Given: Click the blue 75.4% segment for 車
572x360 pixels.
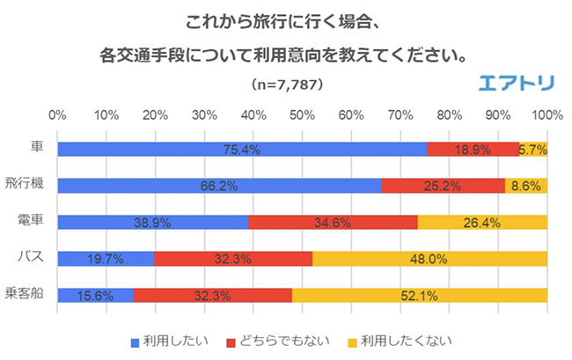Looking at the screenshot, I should [x=242, y=150].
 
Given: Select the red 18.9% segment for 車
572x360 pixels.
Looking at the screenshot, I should [x=473, y=150].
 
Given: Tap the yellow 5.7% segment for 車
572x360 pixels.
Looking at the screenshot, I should [x=533, y=150].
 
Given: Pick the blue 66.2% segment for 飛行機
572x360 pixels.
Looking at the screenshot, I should [x=219, y=186].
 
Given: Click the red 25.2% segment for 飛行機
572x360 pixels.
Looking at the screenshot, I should [x=444, y=186].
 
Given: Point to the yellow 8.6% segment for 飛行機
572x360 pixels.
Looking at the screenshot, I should [x=526, y=186].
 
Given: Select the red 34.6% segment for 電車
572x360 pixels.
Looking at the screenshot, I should [x=333, y=223].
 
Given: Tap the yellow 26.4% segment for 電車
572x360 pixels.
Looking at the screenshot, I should [x=482, y=223].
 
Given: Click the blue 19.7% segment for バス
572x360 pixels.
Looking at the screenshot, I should [x=106, y=259].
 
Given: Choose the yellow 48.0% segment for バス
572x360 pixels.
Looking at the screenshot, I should [x=429, y=259].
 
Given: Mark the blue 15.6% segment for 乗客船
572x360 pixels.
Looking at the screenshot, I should [x=95, y=296].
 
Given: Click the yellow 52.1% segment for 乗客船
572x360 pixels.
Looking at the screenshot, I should [x=420, y=296].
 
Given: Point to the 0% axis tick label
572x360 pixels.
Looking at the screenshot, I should [x=58, y=115].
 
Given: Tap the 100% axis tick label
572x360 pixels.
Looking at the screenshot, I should [x=546, y=115].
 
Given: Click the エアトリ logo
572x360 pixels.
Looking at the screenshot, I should [x=516, y=84].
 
